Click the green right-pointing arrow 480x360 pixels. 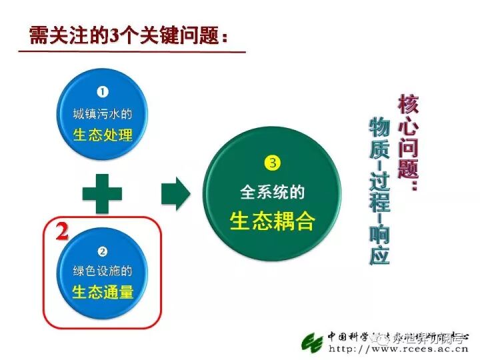[x=175, y=193]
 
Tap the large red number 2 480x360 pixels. [x=62, y=231]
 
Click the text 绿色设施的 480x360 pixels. [x=103, y=271]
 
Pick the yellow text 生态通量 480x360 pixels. [x=103, y=291]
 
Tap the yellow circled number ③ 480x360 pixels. [x=271, y=162]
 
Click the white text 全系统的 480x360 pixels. [x=272, y=192]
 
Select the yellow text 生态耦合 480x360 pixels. [x=272, y=221]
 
